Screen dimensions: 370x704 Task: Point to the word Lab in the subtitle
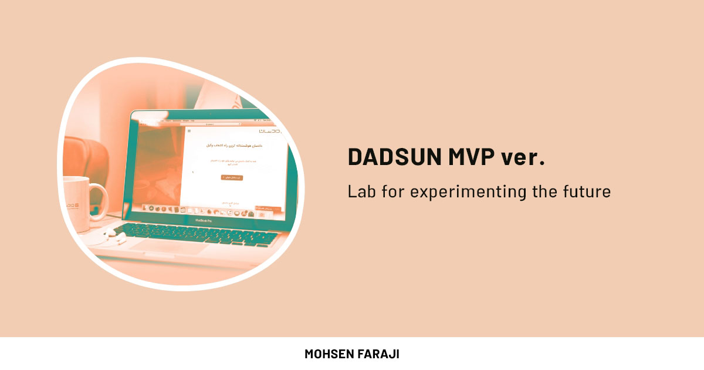pyautogui.click(x=360, y=191)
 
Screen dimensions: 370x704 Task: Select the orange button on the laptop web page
pyautogui.click(x=232, y=177)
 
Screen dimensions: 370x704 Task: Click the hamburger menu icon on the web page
pyautogui.click(x=189, y=130)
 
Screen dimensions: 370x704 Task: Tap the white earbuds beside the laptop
pyautogui.click(x=115, y=237)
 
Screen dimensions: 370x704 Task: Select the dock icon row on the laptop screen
pyautogui.click(x=199, y=210)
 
